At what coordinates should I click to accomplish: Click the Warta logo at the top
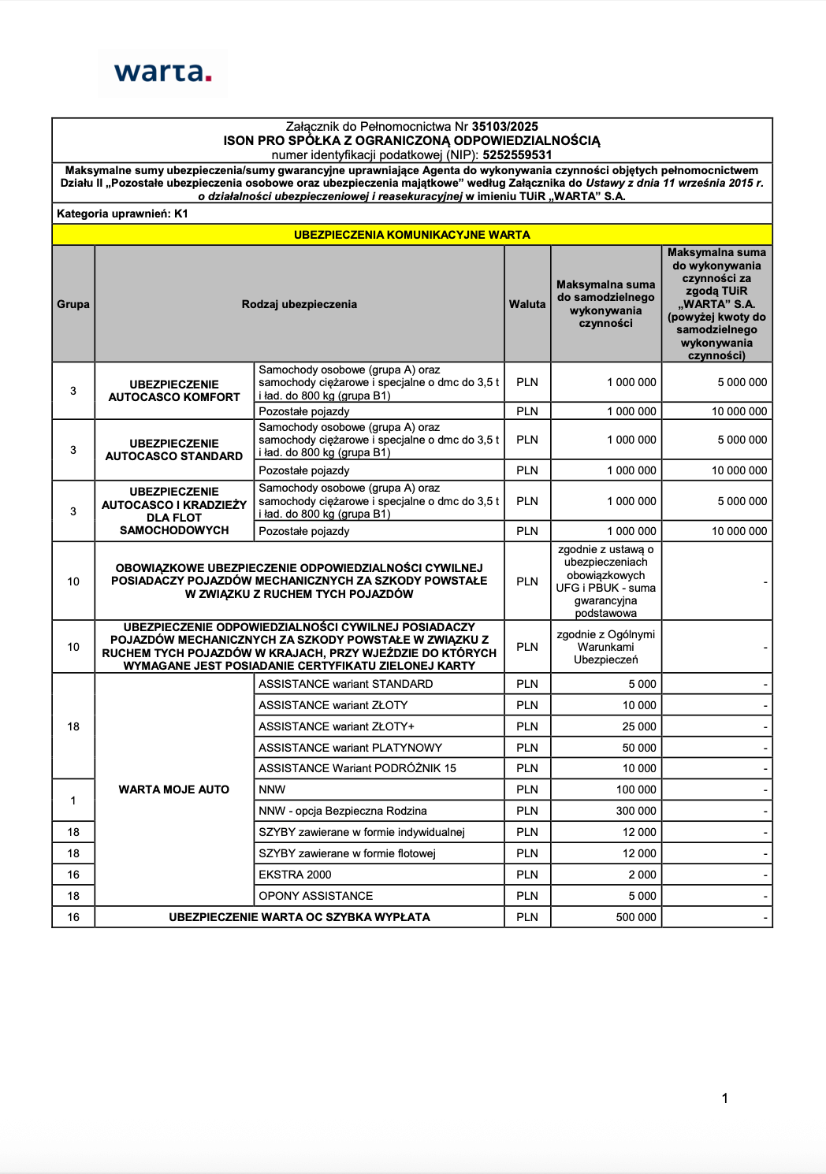click(162, 73)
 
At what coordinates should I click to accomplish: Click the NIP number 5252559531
click(517, 155)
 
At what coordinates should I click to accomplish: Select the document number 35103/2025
click(504, 126)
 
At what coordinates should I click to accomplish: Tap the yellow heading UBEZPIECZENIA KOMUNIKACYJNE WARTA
click(411, 235)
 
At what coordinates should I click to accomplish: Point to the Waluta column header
click(526, 304)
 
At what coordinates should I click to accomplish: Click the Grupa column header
click(73, 304)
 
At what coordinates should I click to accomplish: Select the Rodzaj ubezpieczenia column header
click(299, 304)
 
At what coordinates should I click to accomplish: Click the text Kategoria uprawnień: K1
click(122, 214)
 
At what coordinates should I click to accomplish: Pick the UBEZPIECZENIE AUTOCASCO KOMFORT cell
click(174, 391)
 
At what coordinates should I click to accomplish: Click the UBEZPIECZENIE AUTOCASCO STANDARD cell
click(174, 450)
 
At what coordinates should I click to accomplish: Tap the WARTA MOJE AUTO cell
click(174, 789)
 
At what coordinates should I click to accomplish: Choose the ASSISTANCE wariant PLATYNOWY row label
click(350, 748)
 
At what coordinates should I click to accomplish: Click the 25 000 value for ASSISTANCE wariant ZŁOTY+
click(638, 726)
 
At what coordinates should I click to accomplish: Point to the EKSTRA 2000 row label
click(295, 875)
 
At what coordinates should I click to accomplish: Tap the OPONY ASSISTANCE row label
click(315, 896)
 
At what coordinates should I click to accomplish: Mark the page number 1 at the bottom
click(724, 1098)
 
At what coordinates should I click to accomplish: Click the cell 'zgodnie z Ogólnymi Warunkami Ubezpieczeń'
click(605, 647)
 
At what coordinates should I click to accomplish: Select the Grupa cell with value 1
click(73, 801)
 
